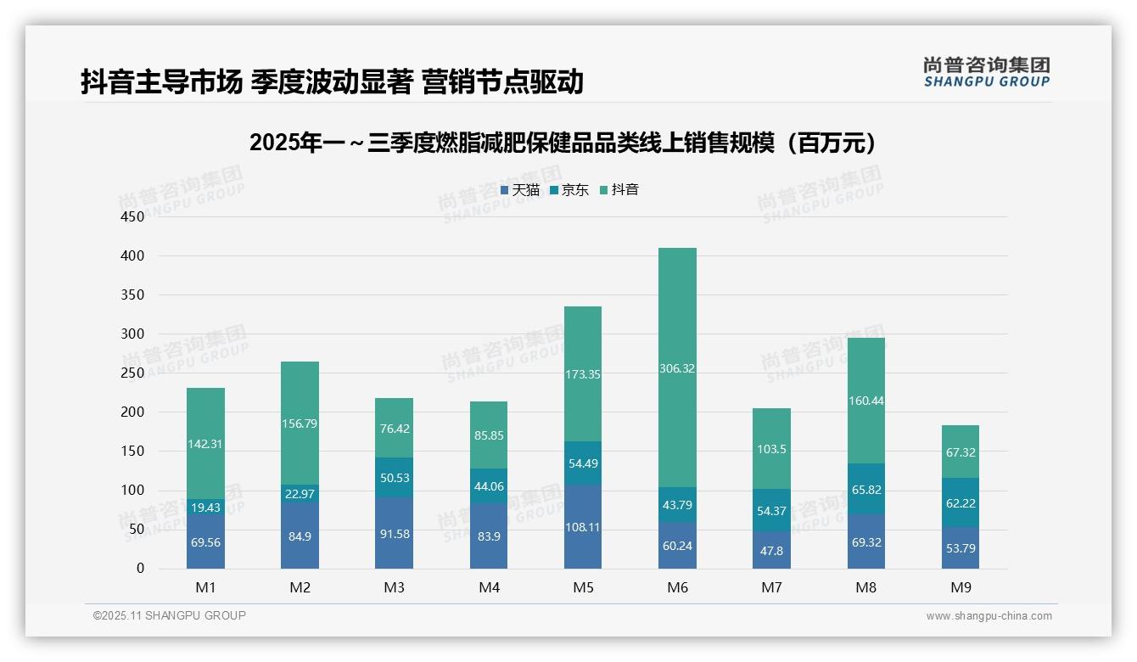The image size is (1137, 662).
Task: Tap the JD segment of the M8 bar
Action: point(865,488)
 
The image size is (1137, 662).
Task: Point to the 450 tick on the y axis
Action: point(134,216)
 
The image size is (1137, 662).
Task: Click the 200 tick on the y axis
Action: point(134,412)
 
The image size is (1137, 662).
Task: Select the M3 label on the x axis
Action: point(394,587)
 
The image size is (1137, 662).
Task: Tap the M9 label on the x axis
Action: point(961,587)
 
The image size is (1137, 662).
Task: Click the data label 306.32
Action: point(677,368)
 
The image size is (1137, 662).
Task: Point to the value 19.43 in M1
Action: point(205,508)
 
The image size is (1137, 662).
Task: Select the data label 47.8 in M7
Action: point(771,550)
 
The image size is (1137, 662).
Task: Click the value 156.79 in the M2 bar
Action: point(300,424)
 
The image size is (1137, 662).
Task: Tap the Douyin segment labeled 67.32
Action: point(961,452)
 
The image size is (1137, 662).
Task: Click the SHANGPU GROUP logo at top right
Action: point(986,72)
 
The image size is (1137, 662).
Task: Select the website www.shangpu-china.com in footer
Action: point(989,616)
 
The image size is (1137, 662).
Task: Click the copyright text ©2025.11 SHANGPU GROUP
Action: point(170,615)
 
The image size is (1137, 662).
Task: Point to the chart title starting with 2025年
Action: point(563,143)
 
